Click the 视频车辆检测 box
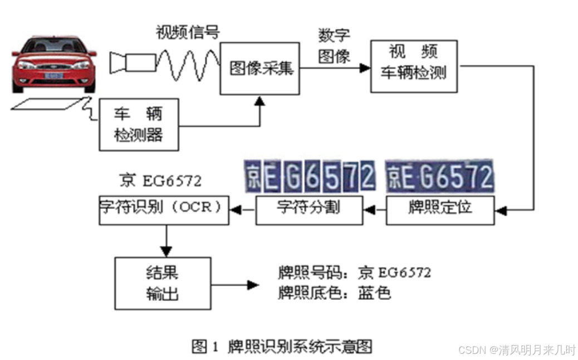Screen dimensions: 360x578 tap(414, 66)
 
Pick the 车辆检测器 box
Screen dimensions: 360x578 tap(139, 124)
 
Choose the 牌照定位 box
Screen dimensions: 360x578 tap(440, 208)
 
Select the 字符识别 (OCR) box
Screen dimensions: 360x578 tap(164, 208)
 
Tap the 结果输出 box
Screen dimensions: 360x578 tap(163, 283)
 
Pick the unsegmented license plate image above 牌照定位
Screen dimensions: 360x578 tap(440, 176)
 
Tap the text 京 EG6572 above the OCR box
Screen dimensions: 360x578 tap(161, 181)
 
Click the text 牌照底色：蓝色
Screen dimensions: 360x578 tap(334, 293)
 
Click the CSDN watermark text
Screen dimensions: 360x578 tap(516, 349)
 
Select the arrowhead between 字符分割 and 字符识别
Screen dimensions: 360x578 tap(236, 209)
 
